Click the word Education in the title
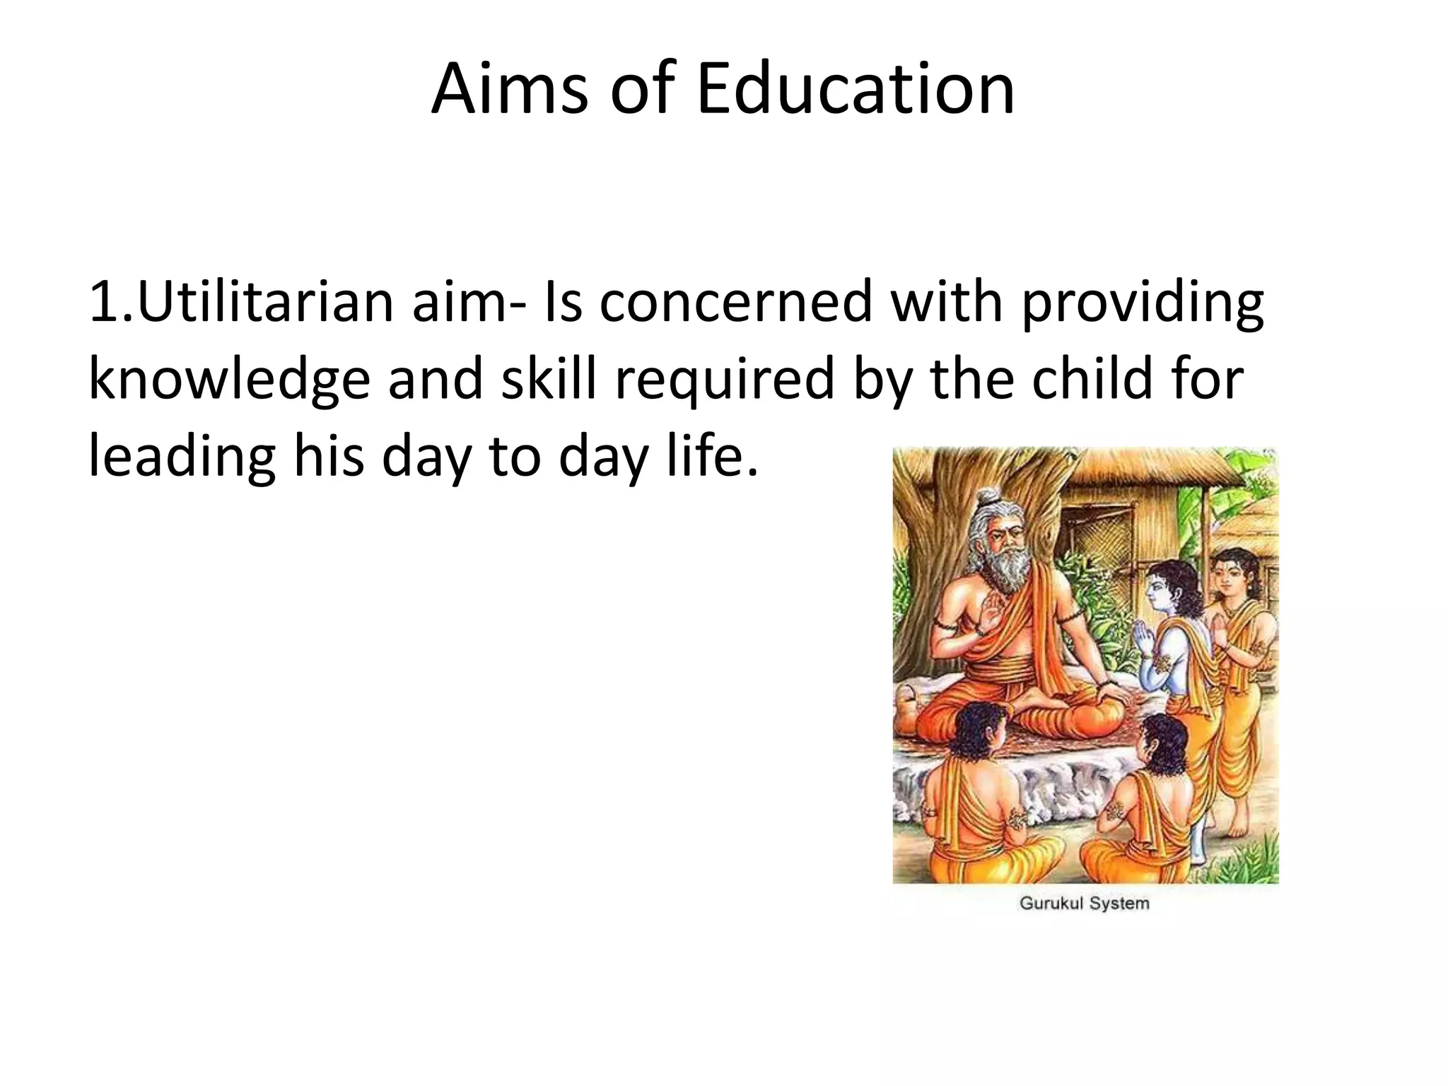[856, 90]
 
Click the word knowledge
[229, 380]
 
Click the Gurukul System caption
[1084, 903]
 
